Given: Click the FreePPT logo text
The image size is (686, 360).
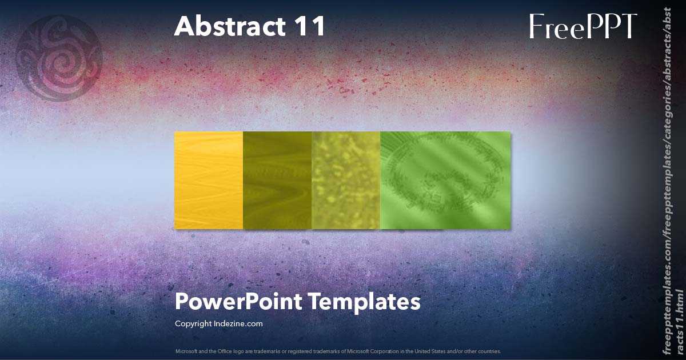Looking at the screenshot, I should coord(583,26).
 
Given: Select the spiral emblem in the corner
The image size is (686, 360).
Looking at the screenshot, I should coord(59,58).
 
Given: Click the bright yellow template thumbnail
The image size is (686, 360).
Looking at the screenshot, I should coord(209,181).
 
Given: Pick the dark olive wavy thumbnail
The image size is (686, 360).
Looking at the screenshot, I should coord(277,181).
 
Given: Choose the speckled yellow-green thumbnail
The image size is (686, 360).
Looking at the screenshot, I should coord(346,181).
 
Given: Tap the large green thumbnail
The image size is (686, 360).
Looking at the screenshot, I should coord(445,181).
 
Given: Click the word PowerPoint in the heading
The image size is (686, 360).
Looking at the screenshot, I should coord(238,302).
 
